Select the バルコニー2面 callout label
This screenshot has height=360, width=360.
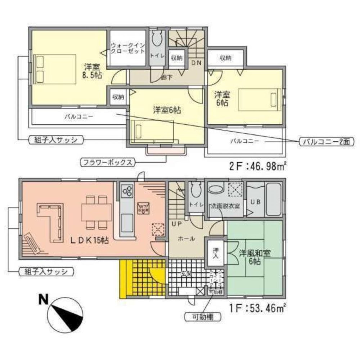point(326,141)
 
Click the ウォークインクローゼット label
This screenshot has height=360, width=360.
point(128,49)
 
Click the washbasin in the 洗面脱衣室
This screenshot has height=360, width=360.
point(216,189)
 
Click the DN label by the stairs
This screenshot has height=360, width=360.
point(196,63)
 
